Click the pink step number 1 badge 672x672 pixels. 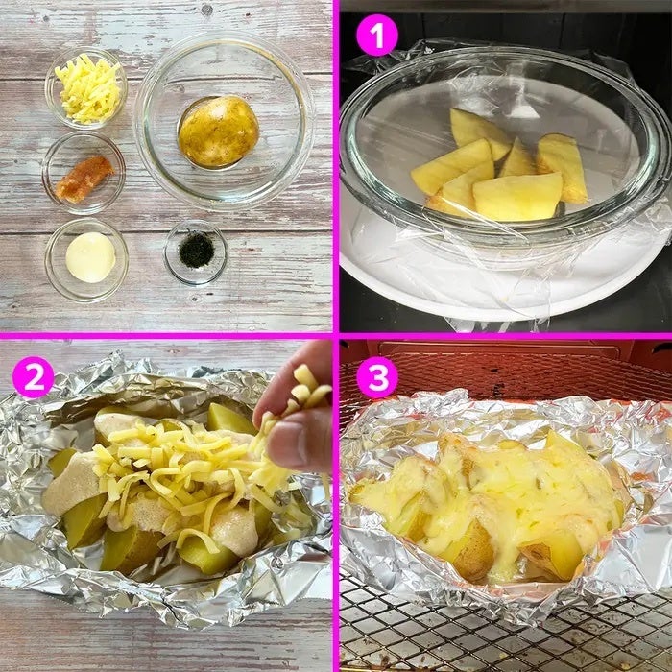(377, 36)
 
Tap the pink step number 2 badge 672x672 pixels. (34, 377)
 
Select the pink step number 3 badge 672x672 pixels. (377, 377)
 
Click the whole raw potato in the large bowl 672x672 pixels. (219, 132)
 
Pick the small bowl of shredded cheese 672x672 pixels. (86, 87)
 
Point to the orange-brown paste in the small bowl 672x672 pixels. (84, 178)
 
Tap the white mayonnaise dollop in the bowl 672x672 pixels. (90, 257)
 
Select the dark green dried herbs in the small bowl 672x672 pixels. (196, 250)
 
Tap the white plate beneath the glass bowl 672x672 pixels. (506, 283)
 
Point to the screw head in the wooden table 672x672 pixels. (206, 11)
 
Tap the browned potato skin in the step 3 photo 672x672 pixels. (471, 553)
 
